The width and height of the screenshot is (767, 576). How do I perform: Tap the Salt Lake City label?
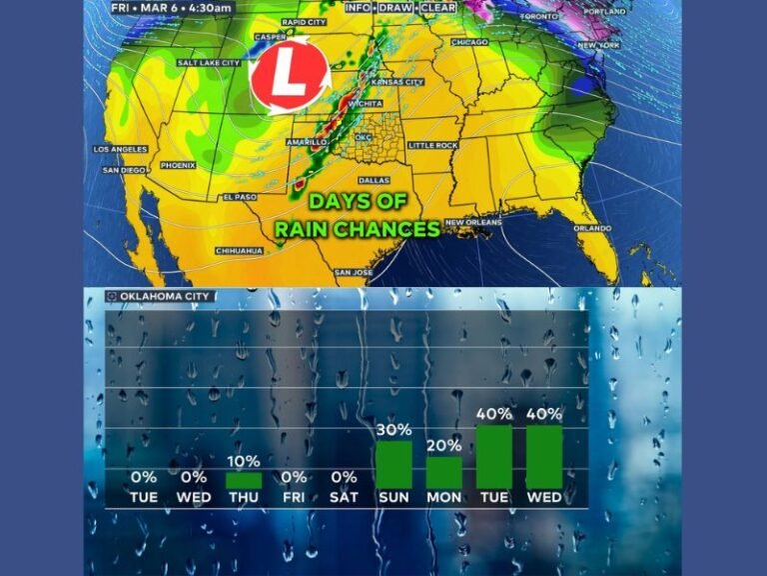(x=209, y=62)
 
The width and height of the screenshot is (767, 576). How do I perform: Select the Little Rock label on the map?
(x=432, y=145)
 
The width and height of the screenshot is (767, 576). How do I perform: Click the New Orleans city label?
(x=472, y=222)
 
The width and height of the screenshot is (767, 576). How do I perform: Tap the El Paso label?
(x=240, y=197)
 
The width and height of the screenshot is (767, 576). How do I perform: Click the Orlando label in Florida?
(x=592, y=228)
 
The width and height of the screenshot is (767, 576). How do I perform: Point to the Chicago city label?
(x=470, y=43)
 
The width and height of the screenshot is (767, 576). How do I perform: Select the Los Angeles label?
(x=120, y=149)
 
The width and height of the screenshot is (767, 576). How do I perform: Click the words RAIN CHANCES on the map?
(x=358, y=229)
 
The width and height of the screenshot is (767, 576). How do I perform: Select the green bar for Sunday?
(x=393, y=464)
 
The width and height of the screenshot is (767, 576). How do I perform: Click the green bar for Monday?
(x=443, y=472)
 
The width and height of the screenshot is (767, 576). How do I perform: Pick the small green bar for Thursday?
(x=244, y=480)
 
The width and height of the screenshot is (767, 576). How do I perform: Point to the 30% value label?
(x=393, y=431)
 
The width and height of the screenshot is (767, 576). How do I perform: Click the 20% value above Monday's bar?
(x=443, y=446)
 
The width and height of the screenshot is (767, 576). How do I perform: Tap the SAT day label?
(x=344, y=497)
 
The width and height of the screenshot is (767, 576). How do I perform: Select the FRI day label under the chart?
(x=294, y=497)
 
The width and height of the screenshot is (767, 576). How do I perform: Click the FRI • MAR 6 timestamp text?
(x=173, y=8)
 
